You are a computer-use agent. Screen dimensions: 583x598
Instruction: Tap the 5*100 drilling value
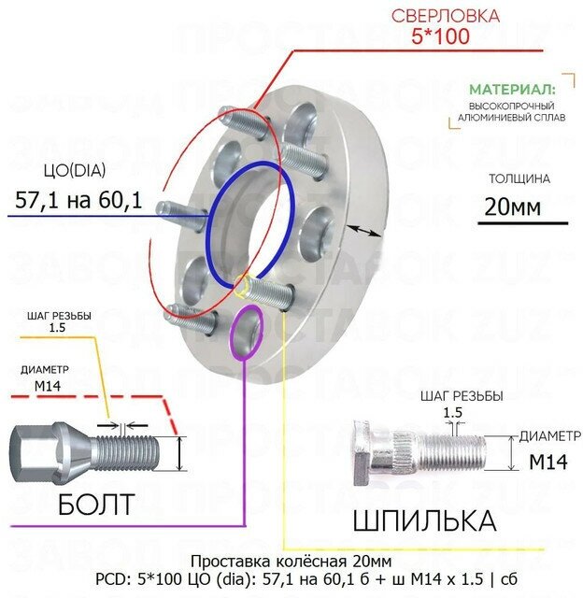(x=438, y=37)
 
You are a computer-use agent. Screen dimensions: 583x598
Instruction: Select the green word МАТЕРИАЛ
(x=511, y=90)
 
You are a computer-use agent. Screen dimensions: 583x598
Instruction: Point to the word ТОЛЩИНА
(x=519, y=178)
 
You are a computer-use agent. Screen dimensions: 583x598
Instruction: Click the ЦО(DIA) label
(x=74, y=170)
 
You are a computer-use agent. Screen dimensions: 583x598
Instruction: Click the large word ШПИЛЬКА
(x=423, y=519)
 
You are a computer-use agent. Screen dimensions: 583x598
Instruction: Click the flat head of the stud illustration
(x=363, y=453)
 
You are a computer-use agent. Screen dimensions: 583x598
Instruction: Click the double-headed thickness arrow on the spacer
(x=363, y=230)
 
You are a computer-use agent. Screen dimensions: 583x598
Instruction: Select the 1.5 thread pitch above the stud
(x=453, y=412)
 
